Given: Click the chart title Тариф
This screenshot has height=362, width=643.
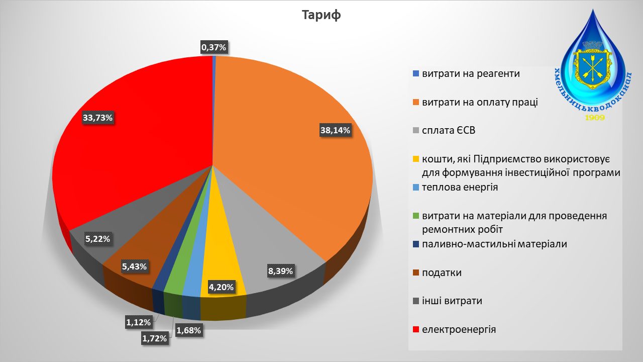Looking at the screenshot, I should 321,15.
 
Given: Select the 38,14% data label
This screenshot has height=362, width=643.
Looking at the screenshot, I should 335,130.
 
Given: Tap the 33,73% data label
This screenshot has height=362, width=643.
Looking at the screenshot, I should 98,118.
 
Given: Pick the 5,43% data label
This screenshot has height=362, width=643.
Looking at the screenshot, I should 134,266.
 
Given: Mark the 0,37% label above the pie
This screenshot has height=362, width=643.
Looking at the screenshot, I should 214,47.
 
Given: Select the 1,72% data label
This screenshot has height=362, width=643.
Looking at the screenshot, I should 154,338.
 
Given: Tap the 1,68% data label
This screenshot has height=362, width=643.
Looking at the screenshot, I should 188,330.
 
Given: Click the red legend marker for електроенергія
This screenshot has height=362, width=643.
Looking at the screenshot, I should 415,330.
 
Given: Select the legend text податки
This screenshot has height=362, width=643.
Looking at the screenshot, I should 442,273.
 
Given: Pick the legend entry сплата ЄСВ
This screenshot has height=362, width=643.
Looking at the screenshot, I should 449,131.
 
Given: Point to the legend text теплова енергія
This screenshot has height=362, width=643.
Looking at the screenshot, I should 460,188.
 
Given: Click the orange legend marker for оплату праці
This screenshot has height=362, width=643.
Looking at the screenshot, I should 415,103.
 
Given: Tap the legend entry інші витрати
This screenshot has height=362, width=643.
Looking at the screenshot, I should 452,301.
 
